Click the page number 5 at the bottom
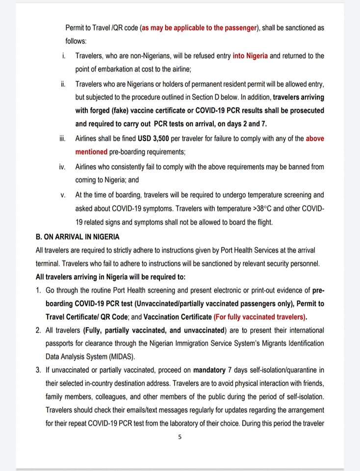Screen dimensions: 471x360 [x=180, y=437]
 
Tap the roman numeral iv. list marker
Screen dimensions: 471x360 [x=62, y=167]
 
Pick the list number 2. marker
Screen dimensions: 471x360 [x=39, y=330]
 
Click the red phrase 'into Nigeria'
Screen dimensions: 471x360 [x=250, y=56]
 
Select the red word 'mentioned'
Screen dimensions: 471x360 [x=91, y=152]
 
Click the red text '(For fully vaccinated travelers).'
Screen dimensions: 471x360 [x=263, y=317]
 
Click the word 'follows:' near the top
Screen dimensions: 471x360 [x=76, y=41]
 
